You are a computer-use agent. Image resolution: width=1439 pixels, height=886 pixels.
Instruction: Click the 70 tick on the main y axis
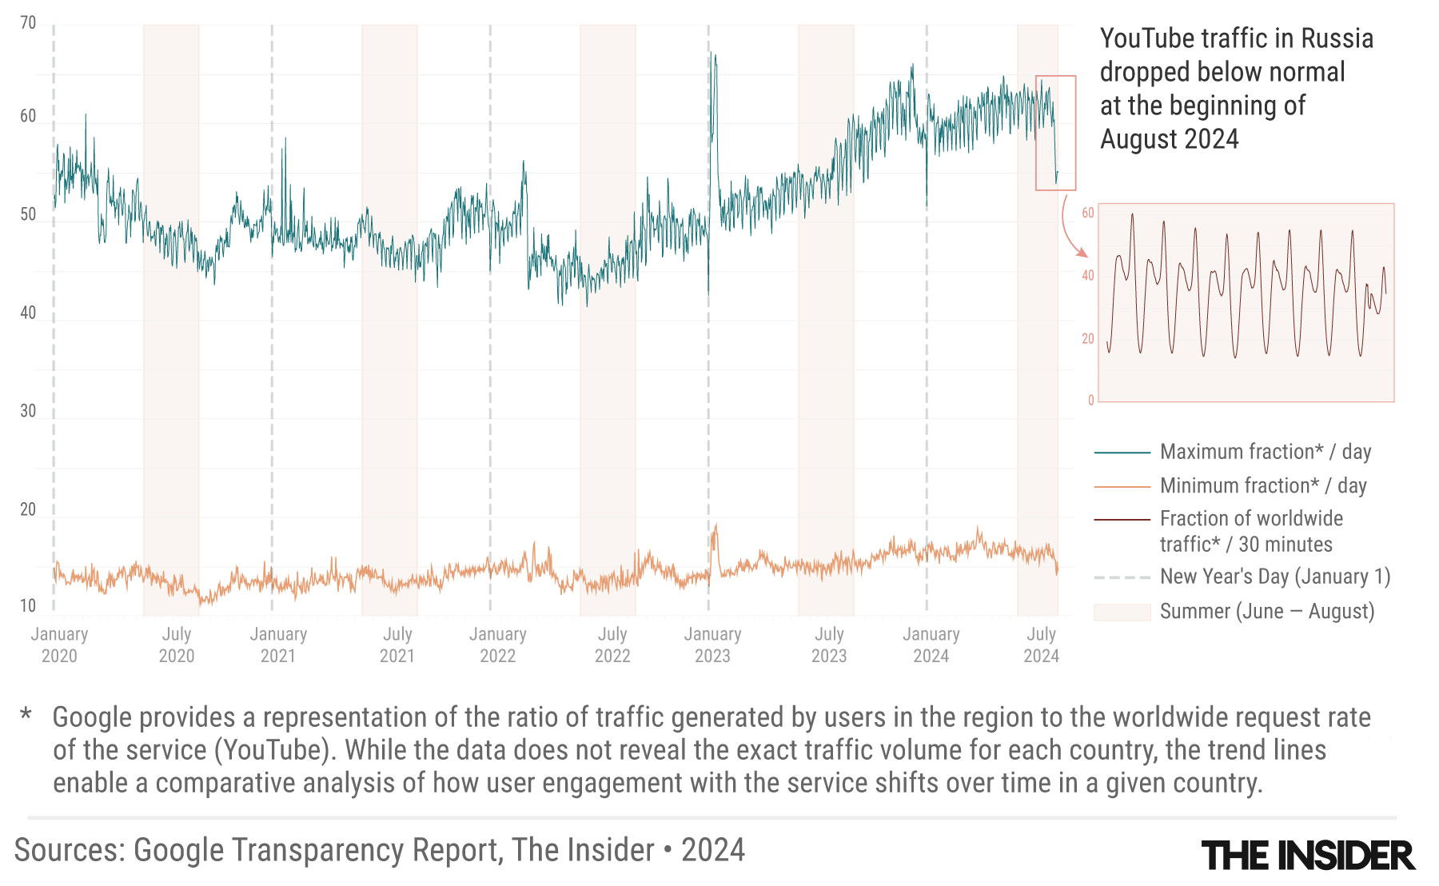[28, 23]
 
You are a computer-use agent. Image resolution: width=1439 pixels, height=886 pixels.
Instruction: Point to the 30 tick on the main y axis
[28, 411]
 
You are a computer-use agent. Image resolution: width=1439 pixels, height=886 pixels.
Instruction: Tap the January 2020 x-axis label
[59, 645]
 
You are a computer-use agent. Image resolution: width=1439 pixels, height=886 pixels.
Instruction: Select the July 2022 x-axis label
[612, 645]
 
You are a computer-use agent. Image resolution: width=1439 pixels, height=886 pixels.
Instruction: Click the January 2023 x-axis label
[712, 645]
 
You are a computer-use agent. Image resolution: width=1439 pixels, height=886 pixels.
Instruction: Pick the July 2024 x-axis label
[1041, 645]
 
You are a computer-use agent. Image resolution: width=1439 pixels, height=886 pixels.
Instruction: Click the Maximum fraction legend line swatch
[1122, 453]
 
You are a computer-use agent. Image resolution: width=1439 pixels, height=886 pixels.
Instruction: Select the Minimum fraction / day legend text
[1263, 485]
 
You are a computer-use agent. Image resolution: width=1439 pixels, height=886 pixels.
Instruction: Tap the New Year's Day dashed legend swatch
[1122, 577]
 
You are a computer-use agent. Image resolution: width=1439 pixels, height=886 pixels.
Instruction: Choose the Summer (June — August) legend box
[1122, 612]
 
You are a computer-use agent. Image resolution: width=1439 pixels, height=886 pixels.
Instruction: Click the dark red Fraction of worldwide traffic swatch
[1122, 520]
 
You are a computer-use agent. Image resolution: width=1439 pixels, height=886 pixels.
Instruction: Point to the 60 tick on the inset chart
[1088, 213]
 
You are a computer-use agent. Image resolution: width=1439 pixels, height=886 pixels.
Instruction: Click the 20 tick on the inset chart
[1088, 339]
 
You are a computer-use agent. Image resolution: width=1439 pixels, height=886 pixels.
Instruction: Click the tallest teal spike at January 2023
[713, 56]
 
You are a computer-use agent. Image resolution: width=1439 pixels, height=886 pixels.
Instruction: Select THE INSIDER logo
[1308, 856]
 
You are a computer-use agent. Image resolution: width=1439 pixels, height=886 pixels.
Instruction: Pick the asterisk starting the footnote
[26, 714]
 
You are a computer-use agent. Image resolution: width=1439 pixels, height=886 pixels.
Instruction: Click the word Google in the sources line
[175, 850]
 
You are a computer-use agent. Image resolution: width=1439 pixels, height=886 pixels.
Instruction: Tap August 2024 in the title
[1169, 139]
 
